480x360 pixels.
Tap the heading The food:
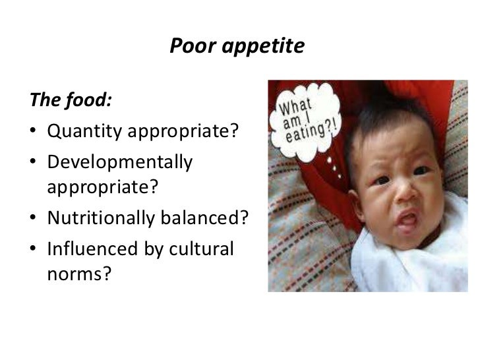[x=70, y=102]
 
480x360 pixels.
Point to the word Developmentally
[x=120, y=162]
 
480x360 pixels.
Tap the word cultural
[x=202, y=251]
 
